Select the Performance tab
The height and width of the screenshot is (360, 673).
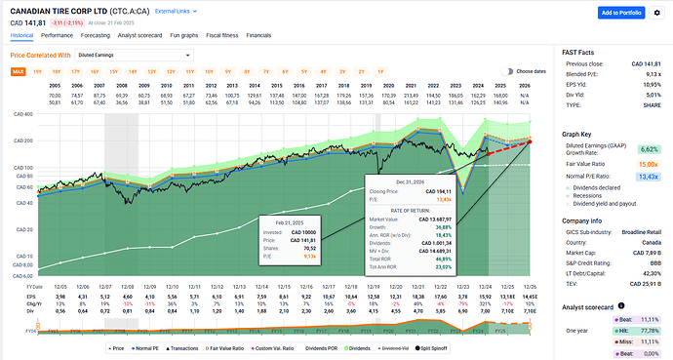tap(57, 34)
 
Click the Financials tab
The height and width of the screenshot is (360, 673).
tap(258, 34)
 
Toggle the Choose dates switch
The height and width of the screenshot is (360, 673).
tap(507, 71)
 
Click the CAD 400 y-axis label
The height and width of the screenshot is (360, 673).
tap(22, 114)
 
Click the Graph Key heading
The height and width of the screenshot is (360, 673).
tap(578, 137)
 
